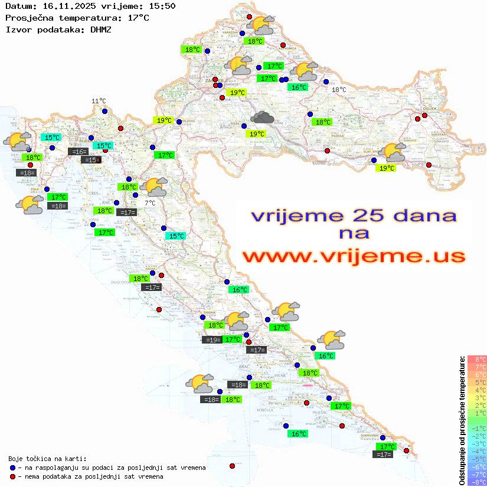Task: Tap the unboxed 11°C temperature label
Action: (99, 102)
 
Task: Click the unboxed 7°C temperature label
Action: (150, 203)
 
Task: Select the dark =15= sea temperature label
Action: (91, 160)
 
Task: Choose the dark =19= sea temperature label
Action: (212, 339)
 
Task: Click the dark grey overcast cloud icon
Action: (262, 117)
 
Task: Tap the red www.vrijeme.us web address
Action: (353, 256)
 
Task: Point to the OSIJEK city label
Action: (428, 109)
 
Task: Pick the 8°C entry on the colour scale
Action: (477, 359)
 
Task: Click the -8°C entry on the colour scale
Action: (477, 482)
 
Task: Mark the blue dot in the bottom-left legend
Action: (12, 468)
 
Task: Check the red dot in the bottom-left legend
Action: (12, 476)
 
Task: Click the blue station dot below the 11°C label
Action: (104, 111)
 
